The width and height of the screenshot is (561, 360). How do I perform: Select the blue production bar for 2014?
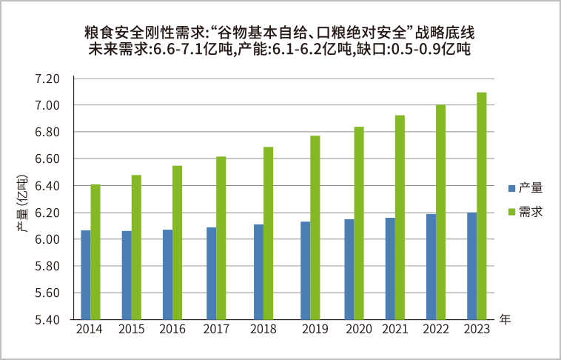[86, 275]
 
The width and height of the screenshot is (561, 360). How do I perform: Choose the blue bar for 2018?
[258, 272]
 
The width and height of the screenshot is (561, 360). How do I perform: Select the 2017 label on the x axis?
[216, 329]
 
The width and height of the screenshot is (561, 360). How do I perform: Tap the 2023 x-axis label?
[477, 329]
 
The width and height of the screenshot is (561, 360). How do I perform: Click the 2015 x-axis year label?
[131, 329]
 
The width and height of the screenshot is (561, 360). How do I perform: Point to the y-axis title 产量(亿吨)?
[21, 201]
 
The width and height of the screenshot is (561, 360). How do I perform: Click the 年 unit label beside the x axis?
[505, 320]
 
